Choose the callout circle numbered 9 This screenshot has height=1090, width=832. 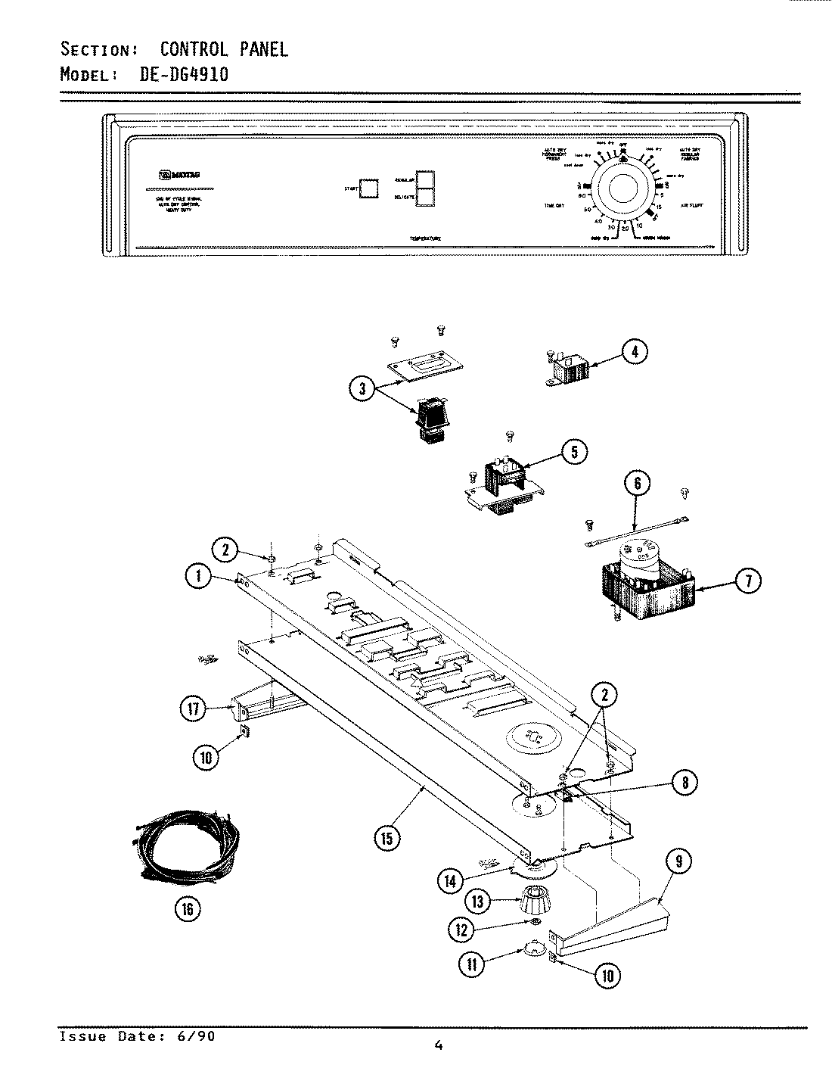point(678,862)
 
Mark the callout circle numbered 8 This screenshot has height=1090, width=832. point(685,783)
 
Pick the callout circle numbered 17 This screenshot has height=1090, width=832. point(193,708)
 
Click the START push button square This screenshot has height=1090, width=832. point(369,188)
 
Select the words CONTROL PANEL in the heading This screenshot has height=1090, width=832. point(223,50)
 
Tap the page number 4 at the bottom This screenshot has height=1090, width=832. point(439,1046)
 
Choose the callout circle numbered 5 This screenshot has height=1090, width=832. point(574,453)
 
